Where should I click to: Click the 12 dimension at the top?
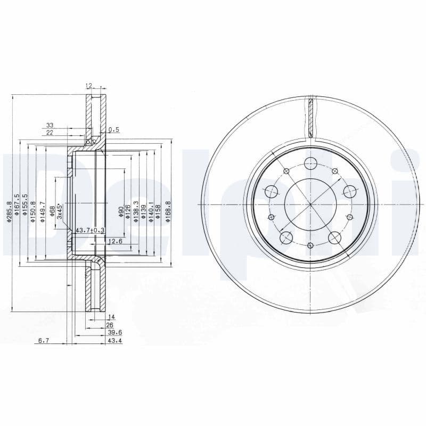click(89, 85)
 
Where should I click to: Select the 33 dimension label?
click(50, 126)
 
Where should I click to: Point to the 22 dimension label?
click(50, 133)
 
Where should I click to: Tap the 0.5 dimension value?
click(113, 129)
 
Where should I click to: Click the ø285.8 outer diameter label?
click(9, 211)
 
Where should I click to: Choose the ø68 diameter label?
click(52, 211)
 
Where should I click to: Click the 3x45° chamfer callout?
click(60, 211)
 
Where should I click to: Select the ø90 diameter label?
click(121, 212)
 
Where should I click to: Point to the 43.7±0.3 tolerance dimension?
click(90, 230)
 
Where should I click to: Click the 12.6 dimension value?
click(115, 242)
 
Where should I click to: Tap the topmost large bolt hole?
click(309, 163)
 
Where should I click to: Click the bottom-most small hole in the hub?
click(310, 245)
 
